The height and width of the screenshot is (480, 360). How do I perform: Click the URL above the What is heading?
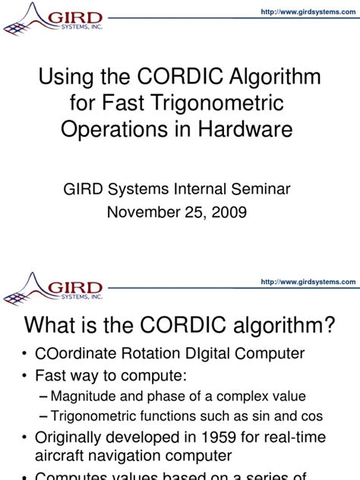pyautogui.click(x=308, y=282)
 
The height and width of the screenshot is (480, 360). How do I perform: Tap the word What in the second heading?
pyautogui.click(x=57, y=327)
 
